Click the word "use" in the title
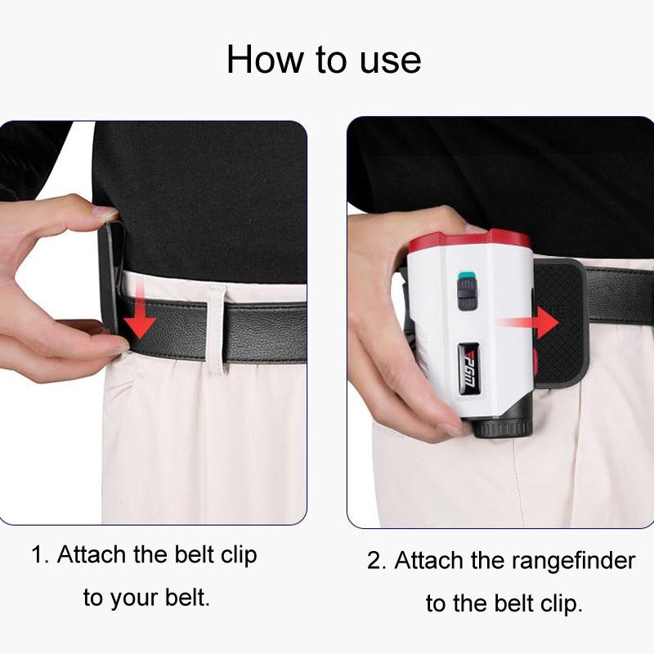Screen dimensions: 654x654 click(x=388, y=60)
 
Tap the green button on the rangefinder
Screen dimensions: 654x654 click(x=467, y=275)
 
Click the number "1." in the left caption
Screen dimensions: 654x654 click(x=41, y=555)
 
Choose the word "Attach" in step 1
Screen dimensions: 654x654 click(x=92, y=555)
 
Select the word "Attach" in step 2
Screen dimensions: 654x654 click(x=429, y=562)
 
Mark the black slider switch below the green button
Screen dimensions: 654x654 click(x=467, y=294)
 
